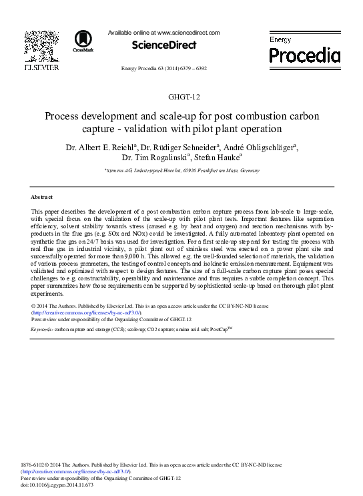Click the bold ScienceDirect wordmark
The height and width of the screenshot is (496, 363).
164,45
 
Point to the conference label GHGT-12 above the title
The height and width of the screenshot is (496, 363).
181,97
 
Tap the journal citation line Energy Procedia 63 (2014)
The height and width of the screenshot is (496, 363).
163,68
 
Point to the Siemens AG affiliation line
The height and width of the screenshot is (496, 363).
181,171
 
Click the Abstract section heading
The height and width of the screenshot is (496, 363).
42,197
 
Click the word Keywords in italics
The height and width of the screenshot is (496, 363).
41,330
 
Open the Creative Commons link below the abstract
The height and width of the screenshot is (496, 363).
87,312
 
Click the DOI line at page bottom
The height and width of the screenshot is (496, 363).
57,485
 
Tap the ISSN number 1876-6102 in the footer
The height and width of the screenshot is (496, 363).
35,465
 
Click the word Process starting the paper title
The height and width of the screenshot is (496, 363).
63,116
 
